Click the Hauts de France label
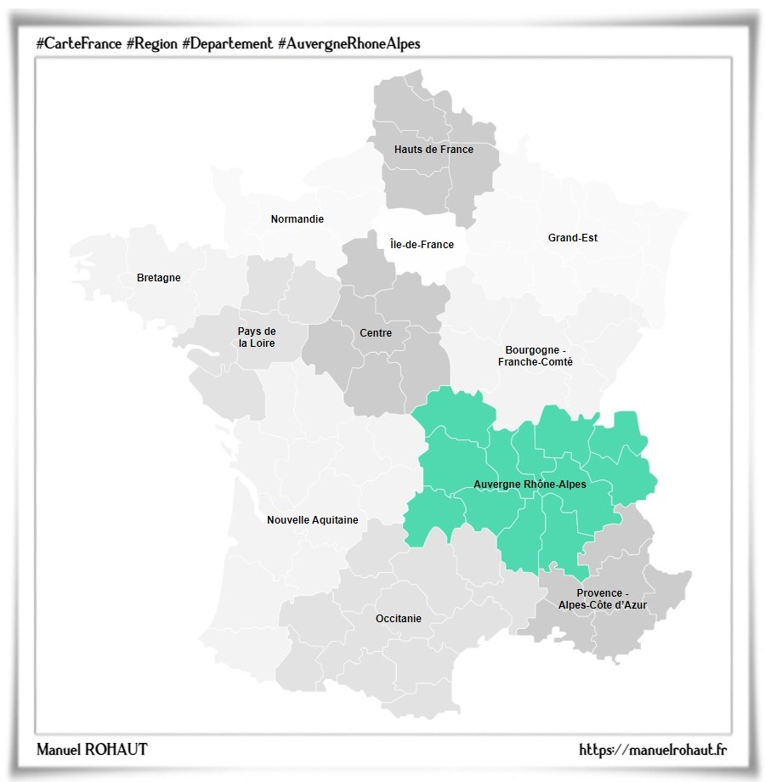pyautogui.click(x=433, y=150)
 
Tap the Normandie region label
pyautogui.click(x=297, y=219)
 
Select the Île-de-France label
pyautogui.click(x=422, y=245)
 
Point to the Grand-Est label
pyautogui.click(x=572, y=238)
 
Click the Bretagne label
pyautogui.click(x=158, y=278)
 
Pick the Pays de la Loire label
pyautogui.click(x=257, y=337)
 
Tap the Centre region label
pyautogui.click(x=376, y=333)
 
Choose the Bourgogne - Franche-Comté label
pyautogui.click(x=535, y=356)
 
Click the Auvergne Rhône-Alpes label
pyautogui.click(x=530, y=484)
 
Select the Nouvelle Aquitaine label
pyautogui.click(x=312, y=520)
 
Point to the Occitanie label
pyautogui.click(x=398, y=619)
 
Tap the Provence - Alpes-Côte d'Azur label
pyautogui.click(x=602, y=599)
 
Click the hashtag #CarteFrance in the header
pyautogui.click(x=78, y=43)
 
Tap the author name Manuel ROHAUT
pyautogui.click(x=92, y=749)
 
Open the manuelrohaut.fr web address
pyautogui.click(x=653, y=749)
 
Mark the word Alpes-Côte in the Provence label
pyautogui.click(x=587, y=605)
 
